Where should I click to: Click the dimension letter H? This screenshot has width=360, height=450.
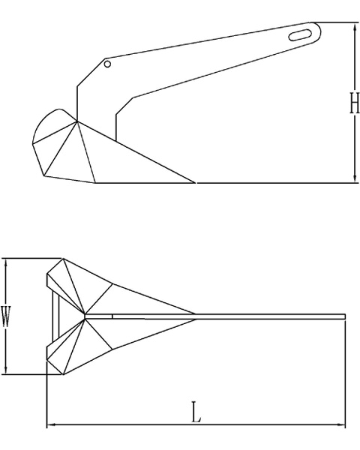click(x=354, y=103)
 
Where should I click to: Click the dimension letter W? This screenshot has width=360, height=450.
click(x=6, y=316)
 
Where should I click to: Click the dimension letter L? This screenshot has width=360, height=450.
click(x=196, y=412)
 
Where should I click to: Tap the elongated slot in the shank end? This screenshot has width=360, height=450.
click(x=300, y=35)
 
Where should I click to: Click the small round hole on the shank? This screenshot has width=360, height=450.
click(x=107, y=64)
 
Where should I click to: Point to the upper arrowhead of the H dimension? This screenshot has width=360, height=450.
click(x=354, y=26)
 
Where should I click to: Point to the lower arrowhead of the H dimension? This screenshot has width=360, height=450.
click(x=354, y=178)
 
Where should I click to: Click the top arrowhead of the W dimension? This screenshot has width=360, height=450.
click(x=6, y=262)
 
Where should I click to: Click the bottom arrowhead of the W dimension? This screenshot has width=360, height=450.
click(x=6, y=370)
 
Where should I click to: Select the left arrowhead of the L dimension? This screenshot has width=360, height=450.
click(x=51, y=424)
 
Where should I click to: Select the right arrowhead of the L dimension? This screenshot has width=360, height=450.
click(x=341, y=424)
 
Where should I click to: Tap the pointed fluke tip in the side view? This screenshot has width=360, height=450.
click(x=195, y=182)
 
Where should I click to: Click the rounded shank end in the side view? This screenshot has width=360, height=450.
click(x=319, y=31)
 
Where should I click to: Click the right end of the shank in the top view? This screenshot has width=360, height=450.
click(x=345, y=316)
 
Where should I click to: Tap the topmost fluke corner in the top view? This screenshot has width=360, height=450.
click(x=63, y=259)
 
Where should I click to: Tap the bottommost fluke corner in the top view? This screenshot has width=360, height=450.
click(x=63, y=374)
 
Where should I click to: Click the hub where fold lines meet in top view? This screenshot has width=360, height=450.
click(x=85, y=316)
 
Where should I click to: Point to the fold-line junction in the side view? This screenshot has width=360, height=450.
click(x=77, y=121)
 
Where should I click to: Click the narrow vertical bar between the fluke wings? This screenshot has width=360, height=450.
click(x=56, y=316)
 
